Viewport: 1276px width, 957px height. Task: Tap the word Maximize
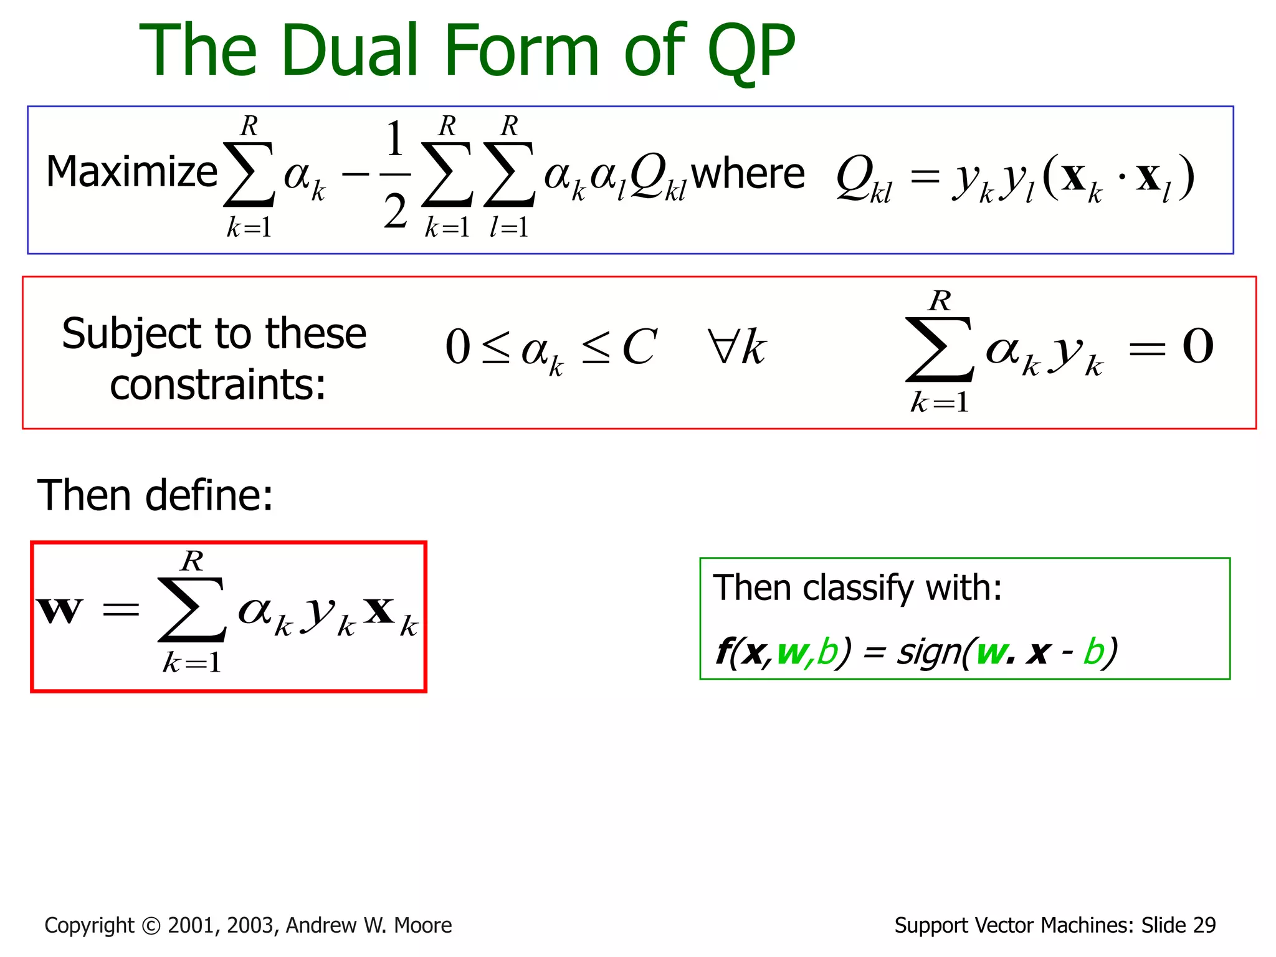[x=131, y=173]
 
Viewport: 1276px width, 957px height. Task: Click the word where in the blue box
[x=748, y=174]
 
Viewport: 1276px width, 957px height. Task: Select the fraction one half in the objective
[x=395, y=175]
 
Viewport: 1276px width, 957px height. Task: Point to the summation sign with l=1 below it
[x=508, y=175]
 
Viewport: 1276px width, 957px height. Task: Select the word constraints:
[x=217, y=385]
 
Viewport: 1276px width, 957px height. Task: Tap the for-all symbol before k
[x=723, y=346]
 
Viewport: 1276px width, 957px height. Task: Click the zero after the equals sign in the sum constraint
[x=1197, y=346]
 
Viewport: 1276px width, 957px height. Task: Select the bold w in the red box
[x=59, y=610]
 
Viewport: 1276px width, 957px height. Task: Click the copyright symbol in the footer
[x=151, y=926]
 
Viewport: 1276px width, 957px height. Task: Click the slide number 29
[x=1204, y=926]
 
